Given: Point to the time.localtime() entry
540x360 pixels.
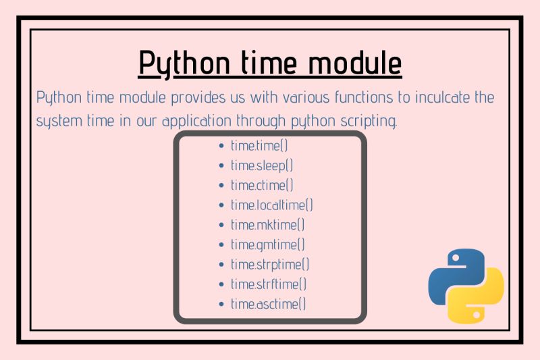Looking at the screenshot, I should coord(272,205).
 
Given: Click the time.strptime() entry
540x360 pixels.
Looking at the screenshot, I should coord(270,264).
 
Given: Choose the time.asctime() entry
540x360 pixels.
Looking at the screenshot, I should coord(269,304).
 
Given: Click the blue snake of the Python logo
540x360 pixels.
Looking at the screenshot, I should coord(454,273).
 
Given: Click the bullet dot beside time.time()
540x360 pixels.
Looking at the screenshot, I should coord(222,146).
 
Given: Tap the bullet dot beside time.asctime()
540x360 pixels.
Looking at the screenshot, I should coord(222,305).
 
